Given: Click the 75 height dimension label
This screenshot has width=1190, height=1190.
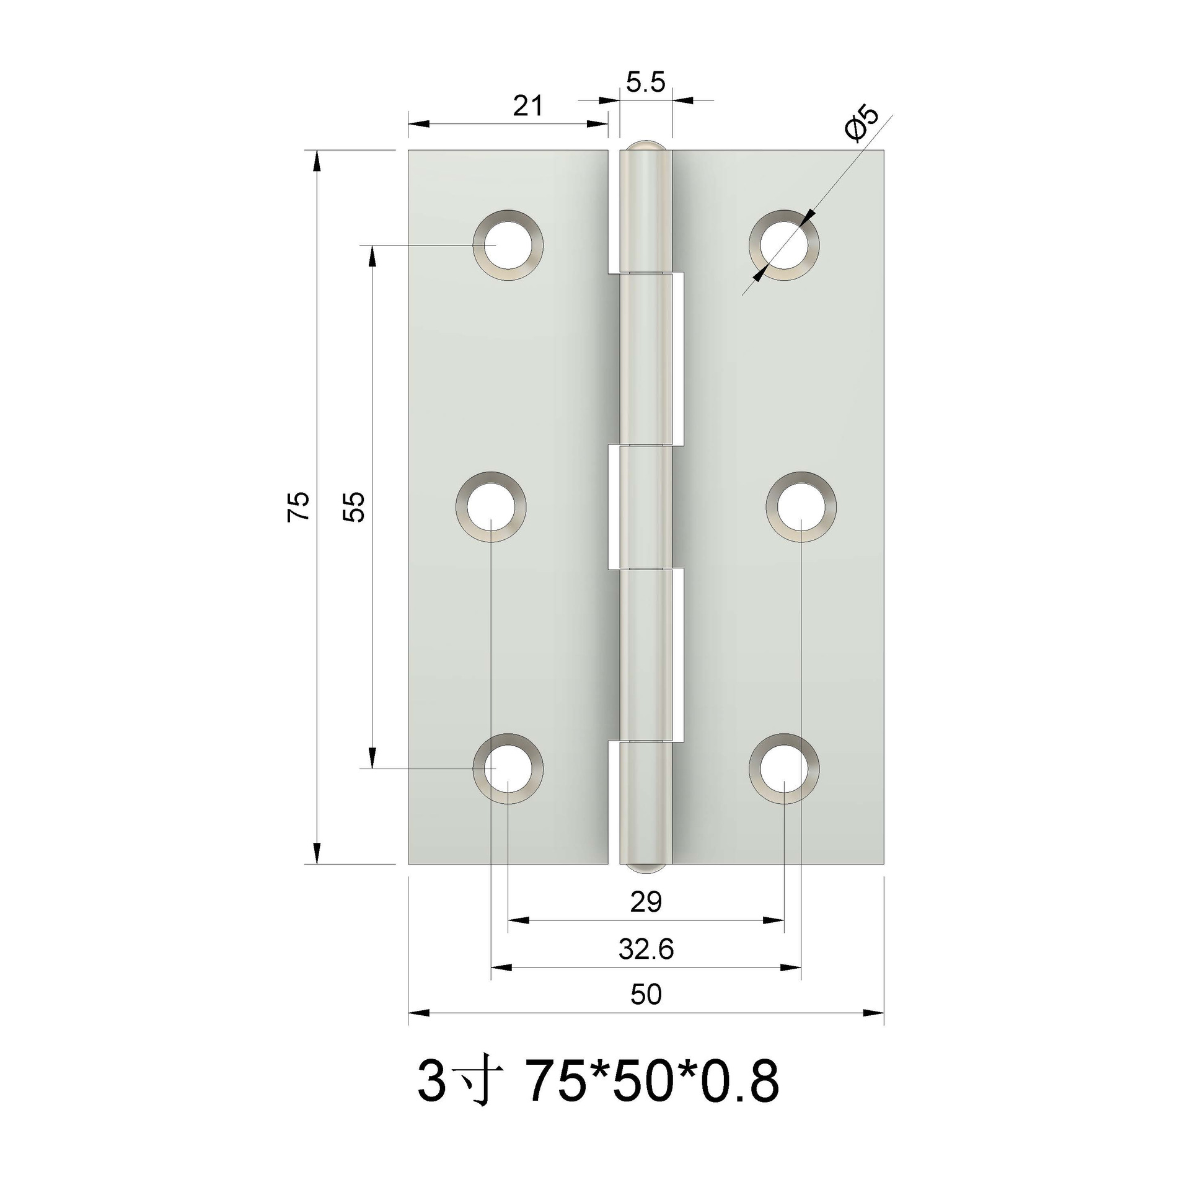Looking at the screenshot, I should [298, 506].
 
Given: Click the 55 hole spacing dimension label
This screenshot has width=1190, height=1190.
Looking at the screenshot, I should [355, 506].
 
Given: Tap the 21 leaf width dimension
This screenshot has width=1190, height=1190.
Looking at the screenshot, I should [527, 106].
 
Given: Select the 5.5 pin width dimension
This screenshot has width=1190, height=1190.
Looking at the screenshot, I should [645, 82].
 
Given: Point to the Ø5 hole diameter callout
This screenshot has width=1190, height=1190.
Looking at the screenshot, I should [862, 125].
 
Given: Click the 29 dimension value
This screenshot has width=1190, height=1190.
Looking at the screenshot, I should [646, 903].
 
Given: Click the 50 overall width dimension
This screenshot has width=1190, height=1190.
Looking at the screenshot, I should [646, 995].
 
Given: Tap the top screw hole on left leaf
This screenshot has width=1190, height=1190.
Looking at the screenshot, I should [508, 245].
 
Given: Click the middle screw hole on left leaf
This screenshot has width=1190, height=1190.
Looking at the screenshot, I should [491, 507].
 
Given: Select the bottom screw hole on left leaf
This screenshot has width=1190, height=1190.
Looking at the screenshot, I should [508, 769].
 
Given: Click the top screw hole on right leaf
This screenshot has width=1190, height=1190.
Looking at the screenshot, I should [784, 245].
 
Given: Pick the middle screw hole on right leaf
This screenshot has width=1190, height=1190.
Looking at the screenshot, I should [801, 507].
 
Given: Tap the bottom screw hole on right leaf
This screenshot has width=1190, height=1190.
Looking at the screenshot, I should [784, 769].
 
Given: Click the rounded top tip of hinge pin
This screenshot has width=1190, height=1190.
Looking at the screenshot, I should [645, 146].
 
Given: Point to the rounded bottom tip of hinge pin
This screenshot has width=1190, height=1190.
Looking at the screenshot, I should [645, 868].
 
